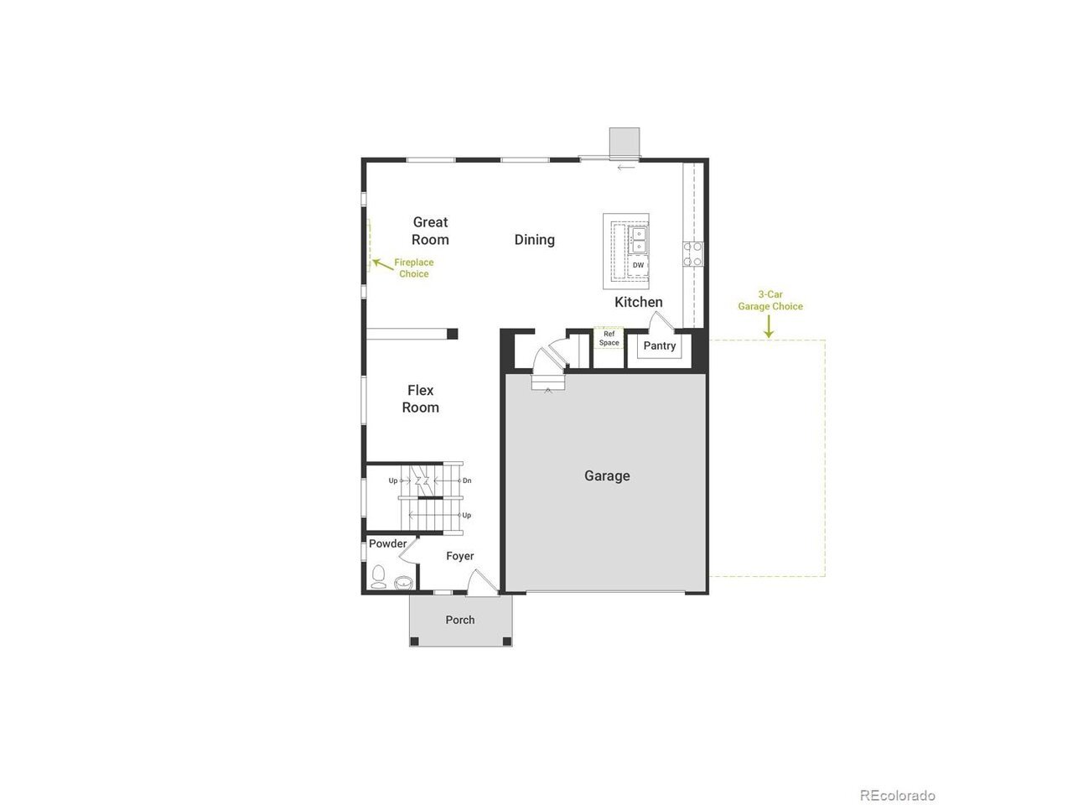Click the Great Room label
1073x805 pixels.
(430, 231)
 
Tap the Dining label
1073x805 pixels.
(534, 240)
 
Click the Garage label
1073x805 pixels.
(607, 475)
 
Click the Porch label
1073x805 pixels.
(460, 620)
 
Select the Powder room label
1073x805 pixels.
(387, 543)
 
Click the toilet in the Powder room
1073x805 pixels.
(378, 577)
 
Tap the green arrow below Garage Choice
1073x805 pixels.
(769, 326)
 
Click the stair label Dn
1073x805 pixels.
(467, 480)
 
